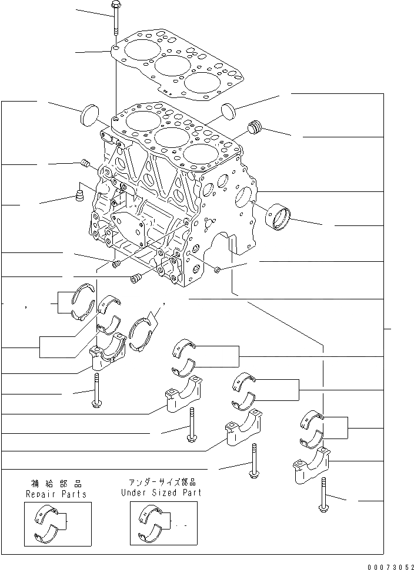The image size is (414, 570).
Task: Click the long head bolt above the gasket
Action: click(x=115, y=20)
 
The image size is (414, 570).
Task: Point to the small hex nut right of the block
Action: click(x=218, y=269)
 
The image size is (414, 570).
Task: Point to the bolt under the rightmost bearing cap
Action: click(x=323, y=496)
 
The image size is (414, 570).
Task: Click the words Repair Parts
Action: click(x=56, y=494)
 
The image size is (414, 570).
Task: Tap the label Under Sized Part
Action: click(x=161, y=493)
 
